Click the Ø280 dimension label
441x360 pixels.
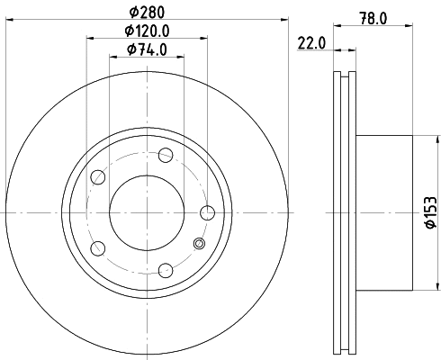tap(147, 12)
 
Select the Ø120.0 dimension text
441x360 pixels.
tap(147, 31)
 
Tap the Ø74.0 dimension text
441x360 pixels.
tap(147, 49)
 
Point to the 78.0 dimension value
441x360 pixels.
tap(373, 19)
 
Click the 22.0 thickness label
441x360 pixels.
tap(311, 43)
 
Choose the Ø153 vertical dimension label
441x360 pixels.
tap(431, 212)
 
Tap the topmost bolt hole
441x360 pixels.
tap(166, 155)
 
